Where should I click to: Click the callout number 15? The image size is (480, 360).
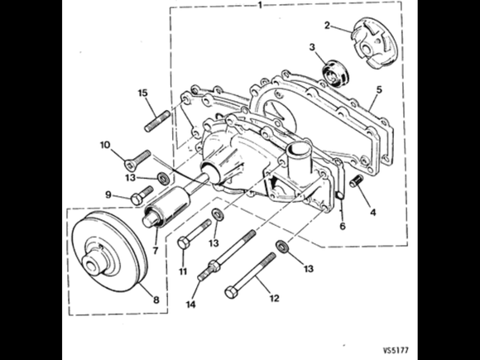pyautogui.click(x=142, y=93)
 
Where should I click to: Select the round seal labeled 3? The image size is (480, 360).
pyautogui.click(x=337, y=73)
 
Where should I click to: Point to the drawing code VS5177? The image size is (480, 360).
pyautogui.click(x=396, y=350)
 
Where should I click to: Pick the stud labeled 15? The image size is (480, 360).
pyautogui.click(x=157, y=121)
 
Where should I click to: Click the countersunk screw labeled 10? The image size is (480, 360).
pyautogui.click(x=137, y=160)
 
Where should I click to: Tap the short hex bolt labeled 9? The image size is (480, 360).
pyautogui.click(x=142, y=195)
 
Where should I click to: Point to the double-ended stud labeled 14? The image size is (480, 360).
pyautogui.click(x=227, y=255)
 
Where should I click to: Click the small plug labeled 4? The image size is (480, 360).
pyautogui.click(x=357, y=180)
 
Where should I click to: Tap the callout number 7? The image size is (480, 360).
pyautogui.click(x=156, y=251)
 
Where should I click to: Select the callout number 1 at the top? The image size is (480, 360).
pyautogui.click(x=260, y=5)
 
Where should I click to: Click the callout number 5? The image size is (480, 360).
pyautogui.click(x=379, y=89)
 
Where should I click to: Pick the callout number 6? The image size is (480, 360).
pyautogui.click(x=343, y=226)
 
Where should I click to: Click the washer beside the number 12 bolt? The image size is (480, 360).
pyautogui.click(x=281, y=247)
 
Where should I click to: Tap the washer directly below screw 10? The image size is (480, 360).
pyautogui.click(x=164, y=179)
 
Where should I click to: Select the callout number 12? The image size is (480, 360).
pyautogui.click(x=274, y=298)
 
